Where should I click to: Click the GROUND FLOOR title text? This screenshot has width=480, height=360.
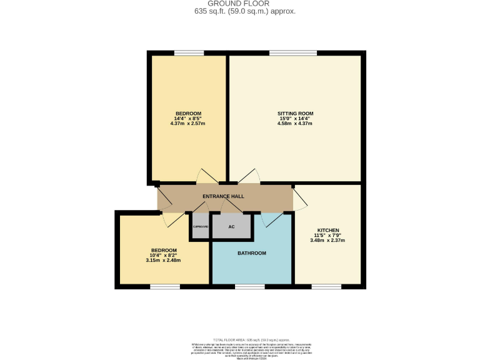point(240,4)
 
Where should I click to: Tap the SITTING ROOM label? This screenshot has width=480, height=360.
point(295,113)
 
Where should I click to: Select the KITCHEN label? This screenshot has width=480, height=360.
point(327,229)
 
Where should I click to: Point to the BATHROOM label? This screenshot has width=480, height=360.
point(252,253)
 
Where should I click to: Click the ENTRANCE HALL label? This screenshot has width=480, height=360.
point(223,196)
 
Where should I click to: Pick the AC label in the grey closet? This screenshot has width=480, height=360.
point(231,227)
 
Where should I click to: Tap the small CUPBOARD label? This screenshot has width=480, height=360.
point(200,226)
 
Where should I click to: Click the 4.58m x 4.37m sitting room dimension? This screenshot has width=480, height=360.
point(295,124)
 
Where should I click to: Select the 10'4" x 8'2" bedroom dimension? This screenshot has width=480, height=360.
point(164,255)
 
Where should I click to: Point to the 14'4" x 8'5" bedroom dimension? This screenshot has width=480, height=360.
point(187,118)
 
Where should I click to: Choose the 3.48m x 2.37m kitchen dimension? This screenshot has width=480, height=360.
point(327,240)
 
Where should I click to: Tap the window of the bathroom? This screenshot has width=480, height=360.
point(244,286)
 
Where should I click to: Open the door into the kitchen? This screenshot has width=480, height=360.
point(300,198)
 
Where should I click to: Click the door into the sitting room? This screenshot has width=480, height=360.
point(249,177)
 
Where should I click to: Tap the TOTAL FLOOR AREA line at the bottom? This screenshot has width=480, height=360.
point(240,337)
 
